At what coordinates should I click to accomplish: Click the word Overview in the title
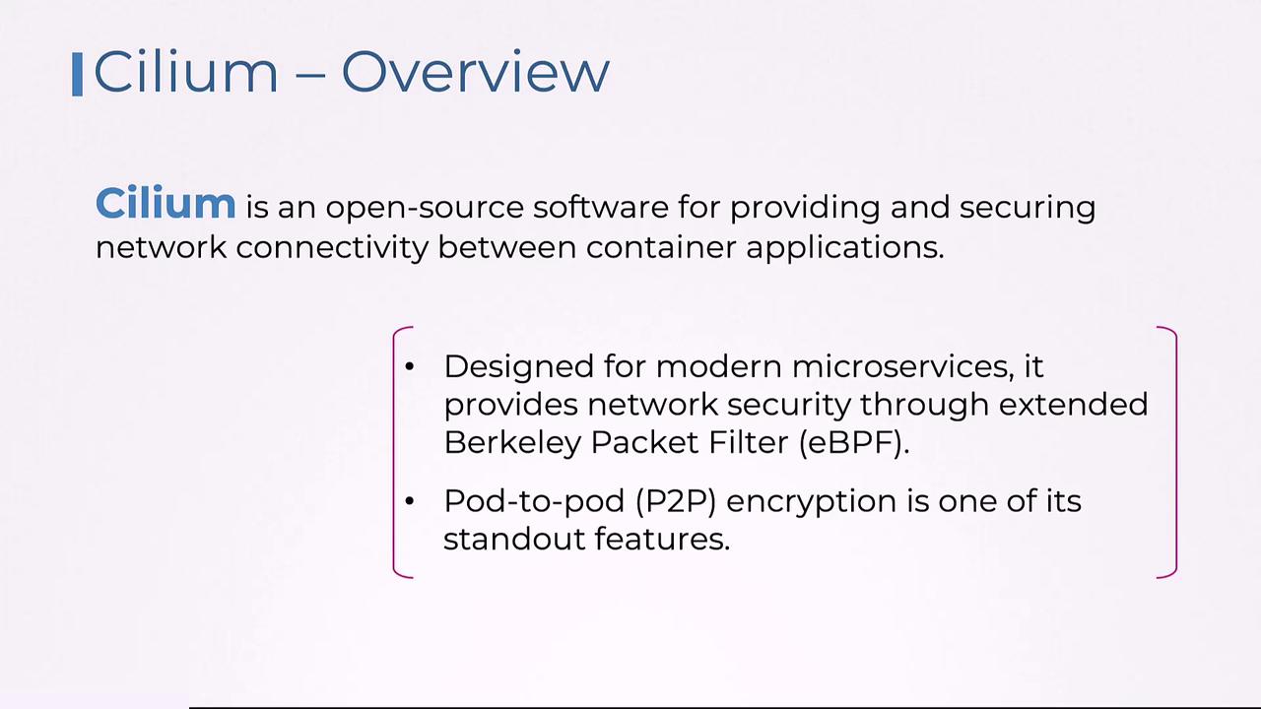[x=476, y=72]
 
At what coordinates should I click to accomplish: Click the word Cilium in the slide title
[x=186, y=72]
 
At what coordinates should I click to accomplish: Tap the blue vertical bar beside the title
[x=78, y=74]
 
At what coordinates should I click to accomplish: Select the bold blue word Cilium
[x=166, y=203]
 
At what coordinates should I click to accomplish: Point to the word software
[x=601, y=207]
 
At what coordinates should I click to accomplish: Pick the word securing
[x=1028, y=208]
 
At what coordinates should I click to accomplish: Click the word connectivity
[x=332, y=247]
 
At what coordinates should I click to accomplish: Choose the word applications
[x=845, y=247]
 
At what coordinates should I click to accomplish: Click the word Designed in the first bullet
[x=519, y=367]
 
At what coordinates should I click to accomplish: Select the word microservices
[x=904, y=367]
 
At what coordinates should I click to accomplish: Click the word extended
[x=1074, y=405]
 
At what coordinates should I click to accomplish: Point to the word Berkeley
[x=512, y=443]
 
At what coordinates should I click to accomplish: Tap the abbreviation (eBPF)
[x=854, y=443]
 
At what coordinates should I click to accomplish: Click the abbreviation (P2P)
[x=676, y=501]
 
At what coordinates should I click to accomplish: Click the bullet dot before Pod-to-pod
[x=409, y=501]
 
